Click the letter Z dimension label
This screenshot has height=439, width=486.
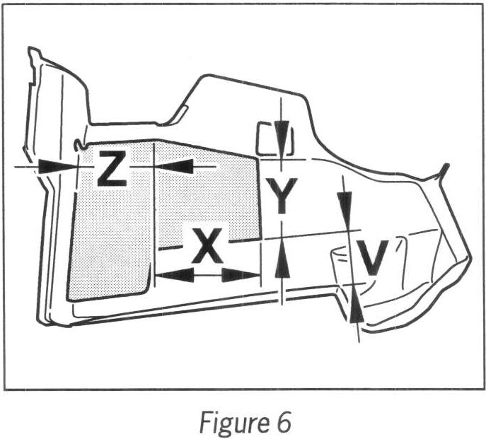tap(112, 168)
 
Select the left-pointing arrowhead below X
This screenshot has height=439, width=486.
tap(172, 274)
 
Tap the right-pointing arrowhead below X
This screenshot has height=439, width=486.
tap(241, 274)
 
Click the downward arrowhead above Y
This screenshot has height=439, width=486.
tap(282, 134)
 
